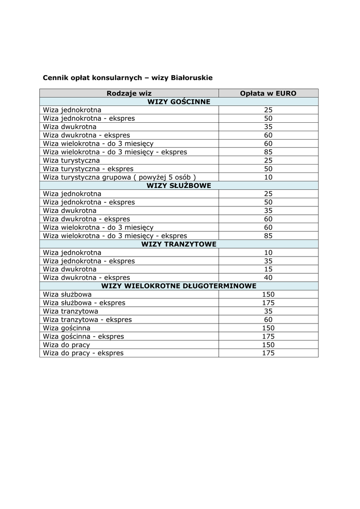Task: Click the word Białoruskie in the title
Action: pyautogui.click(x=191, y=78)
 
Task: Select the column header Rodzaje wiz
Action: pyautogui.click(x=129, y=93)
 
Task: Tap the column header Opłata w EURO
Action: pyautogui.click(x=268, y=93)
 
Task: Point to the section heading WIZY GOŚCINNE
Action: pyautogui.click(x=179, y=101)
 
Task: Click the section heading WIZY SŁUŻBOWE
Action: pyautogui.click(x=179, y=185)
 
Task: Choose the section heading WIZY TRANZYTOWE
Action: pyautogui.click(x=179, y=244)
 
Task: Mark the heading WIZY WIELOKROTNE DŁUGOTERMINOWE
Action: pyautogui.click(x=179, y=286)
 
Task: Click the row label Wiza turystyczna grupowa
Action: pyautogui.click(x=119, y=177)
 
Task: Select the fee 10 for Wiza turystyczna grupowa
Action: pyautogui.click(x=269, y=177)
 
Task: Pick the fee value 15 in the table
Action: pyautogui.click(x=269, y=269)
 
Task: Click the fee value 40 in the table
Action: pyautogui.click(x=269, y=277)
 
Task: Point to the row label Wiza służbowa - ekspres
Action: pyautogui.click(x=84, y=303)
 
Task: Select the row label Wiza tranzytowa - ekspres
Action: pyautogui.click(x=88, y=320)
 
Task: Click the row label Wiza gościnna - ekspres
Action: pyautogui.click(x=84, y=337)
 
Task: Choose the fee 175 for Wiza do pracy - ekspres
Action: pyautogui.click(x=269, y=353)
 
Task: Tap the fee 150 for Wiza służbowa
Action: pyautogui.click(x=269, y=294)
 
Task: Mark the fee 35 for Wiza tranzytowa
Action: pyautogui.click(x=269, y=311)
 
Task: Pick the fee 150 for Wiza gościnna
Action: pyautogui.click(x=269, y=328)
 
